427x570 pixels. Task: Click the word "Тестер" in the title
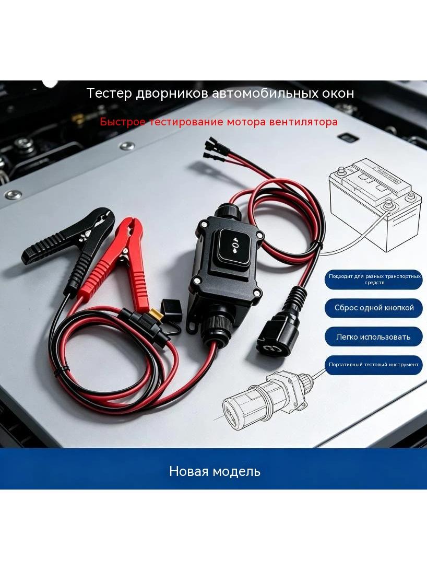109,94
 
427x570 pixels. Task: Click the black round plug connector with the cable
278,329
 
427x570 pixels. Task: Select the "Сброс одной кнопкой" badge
374,308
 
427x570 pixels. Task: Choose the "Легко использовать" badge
374,337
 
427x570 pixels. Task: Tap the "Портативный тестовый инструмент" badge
374,365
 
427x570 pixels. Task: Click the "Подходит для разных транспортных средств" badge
374,279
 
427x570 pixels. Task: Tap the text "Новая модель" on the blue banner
215,471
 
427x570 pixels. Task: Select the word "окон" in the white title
338,94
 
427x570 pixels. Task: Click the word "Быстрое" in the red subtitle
122,122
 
